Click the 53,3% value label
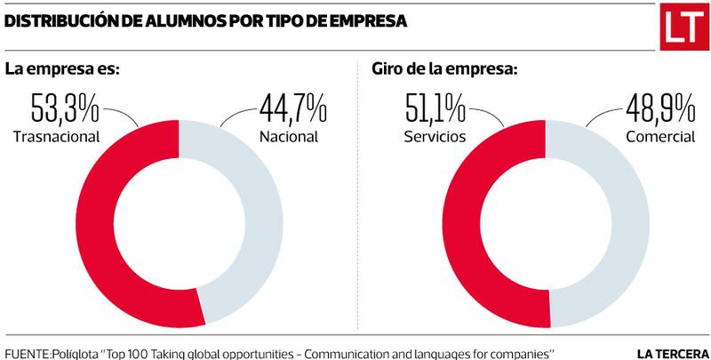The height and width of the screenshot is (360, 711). (63, 111)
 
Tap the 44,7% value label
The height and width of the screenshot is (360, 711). (292, 111)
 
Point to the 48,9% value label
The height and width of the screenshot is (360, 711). (659, 111)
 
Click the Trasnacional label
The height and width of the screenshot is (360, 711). (56, 138)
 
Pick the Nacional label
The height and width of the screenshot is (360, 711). (288, 138)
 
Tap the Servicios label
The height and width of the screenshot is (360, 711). (435, 138)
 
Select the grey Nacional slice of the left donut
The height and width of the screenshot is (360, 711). (263, 222)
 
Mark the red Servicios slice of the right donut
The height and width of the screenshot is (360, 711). (459, 222)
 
